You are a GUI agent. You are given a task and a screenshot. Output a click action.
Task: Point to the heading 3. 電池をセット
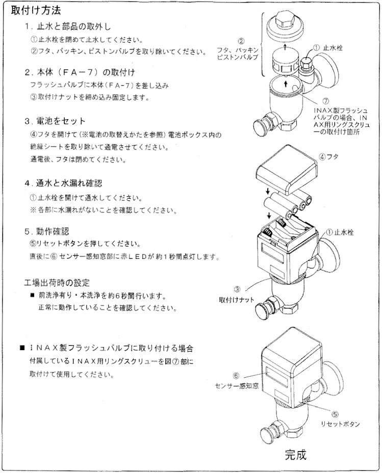pos(55,121)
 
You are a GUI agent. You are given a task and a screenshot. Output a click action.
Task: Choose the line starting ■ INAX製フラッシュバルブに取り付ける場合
pos(107,348)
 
